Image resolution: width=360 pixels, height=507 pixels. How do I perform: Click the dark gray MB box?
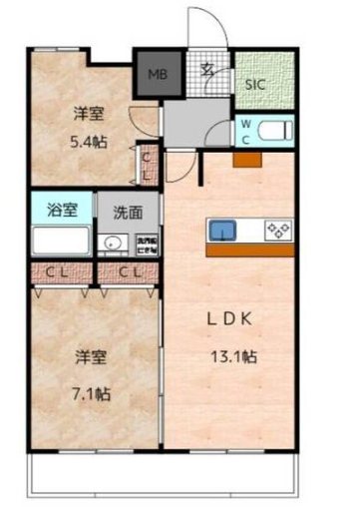pos(157,73)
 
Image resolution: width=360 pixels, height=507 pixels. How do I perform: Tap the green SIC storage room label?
pos(256,84)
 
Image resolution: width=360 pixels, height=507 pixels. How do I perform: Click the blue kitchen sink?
pos(221,230)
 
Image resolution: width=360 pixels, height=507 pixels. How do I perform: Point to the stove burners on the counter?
pos(276,230)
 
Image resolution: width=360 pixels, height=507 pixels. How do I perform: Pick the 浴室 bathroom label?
pos(62,211)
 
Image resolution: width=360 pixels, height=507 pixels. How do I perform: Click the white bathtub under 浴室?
pos(62,242)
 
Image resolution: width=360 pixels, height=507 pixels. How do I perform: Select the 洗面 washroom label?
pos(127,212)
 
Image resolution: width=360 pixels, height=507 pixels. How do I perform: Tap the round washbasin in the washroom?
pos(112,243)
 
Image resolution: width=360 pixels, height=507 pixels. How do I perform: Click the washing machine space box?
pos(146,244)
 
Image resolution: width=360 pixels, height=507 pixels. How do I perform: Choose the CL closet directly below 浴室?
pos(55,271)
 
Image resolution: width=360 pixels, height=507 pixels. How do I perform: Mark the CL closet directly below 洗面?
pos(129,271)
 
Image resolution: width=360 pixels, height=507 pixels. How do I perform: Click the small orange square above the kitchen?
pos(248,159)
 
